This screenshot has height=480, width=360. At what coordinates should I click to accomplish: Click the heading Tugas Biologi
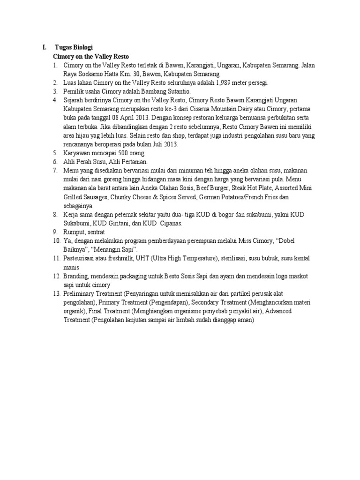click(x=74, y=47)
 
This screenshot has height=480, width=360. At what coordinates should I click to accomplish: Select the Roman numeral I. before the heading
click(x=44, y=47)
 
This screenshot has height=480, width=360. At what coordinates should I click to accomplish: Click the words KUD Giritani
click(x=111, y=223)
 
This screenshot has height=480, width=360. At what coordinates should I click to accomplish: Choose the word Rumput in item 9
click(x=74, y=232)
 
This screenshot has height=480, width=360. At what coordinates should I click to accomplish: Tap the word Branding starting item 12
click(x=76, y=276)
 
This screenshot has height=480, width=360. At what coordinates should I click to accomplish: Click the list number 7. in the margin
click(x=55, y=171)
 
